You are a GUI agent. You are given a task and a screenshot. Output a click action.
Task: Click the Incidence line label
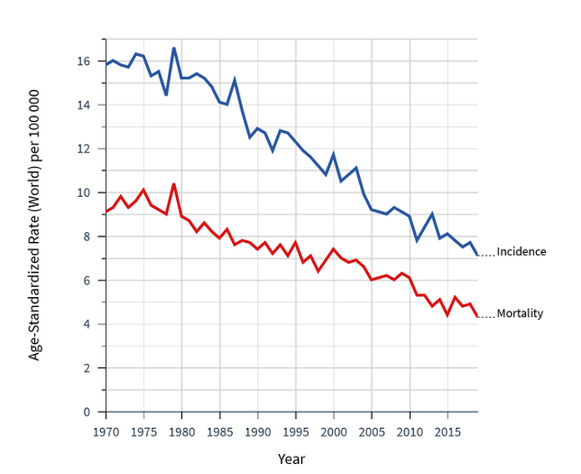tap(521, 251)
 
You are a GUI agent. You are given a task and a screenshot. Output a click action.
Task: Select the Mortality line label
tap(519, 314)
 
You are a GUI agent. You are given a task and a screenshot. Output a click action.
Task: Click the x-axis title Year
tap(291, 459)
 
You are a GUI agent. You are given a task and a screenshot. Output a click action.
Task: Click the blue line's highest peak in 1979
tap(174, 48)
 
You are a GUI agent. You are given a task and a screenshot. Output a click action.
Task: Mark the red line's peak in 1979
tap(174, 184)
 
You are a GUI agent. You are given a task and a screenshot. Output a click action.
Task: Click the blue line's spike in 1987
tap(235, 80)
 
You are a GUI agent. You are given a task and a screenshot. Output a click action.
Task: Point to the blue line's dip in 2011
tap(417, 240)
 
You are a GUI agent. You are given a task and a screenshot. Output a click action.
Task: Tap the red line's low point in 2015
tap(447, 315)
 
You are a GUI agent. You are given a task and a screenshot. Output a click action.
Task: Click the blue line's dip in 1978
tap(166, 94)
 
